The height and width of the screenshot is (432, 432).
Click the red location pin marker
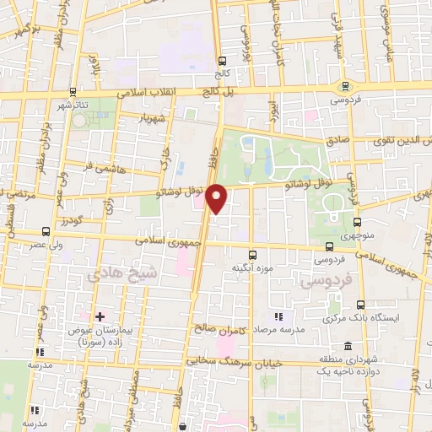217,198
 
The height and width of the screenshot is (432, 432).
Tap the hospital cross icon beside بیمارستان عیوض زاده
100,316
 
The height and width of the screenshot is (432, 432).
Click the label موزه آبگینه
251,267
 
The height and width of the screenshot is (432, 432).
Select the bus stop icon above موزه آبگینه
251,254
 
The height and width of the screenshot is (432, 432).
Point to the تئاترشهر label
74,105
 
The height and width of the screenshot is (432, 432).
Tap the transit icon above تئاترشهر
73,92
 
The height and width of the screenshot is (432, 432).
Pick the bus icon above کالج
223,61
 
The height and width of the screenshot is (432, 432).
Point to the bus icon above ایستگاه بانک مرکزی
361,305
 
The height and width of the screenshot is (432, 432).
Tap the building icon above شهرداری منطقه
349,346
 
